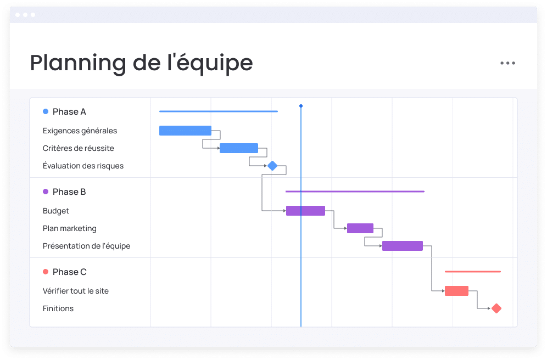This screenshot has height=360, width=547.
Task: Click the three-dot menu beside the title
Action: [507, 63]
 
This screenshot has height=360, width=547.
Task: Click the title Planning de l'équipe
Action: [141, 64]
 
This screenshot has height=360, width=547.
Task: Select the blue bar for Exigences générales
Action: [185, 131]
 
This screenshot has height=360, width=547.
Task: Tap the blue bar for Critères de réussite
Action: [239, 148]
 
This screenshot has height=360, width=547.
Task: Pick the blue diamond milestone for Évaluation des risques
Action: [272, 166]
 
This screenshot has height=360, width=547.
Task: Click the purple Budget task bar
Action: [305, 211]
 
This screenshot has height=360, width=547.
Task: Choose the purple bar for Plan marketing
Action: [360, 228]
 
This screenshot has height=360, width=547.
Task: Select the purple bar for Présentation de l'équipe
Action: [403, 246]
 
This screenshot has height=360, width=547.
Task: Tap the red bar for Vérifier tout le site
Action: [456, 291]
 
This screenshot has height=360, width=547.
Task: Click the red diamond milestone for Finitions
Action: [496, 308]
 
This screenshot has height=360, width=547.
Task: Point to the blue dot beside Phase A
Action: [46, 111]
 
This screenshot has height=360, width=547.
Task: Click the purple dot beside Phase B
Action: [46, 192]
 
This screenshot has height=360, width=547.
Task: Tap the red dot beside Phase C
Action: [46, 272]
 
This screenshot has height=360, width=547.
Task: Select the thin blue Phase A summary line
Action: [219, 111]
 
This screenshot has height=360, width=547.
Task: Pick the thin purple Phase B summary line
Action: [355, 192]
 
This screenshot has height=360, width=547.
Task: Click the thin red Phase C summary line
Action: [473, 272]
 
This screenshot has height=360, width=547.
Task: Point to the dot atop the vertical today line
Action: [301, 106]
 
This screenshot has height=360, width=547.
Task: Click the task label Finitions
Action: [58, 308]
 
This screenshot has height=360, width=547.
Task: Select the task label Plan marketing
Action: [70, 228]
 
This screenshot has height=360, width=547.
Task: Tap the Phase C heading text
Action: [69, 272]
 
